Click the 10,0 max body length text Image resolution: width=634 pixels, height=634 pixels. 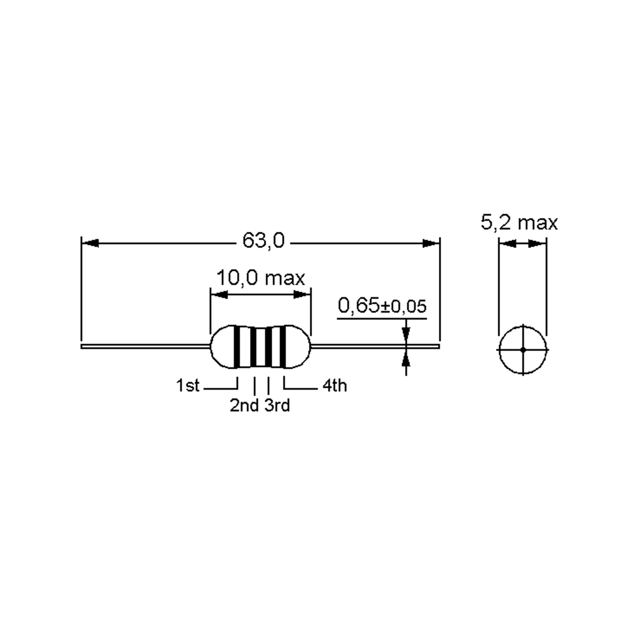tap(260, 278)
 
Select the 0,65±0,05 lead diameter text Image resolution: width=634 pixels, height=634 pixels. tap(382, 306)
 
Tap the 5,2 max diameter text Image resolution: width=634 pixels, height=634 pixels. tap(519, 222)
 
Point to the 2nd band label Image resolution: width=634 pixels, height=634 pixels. tap(244, 405)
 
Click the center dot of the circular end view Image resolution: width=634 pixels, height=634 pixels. tap(523, 350)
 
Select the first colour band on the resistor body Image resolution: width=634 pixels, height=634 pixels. tap(236, 347)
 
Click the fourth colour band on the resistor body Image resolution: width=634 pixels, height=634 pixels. tap(283, 347)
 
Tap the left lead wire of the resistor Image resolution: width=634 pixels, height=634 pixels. tap(144, 346)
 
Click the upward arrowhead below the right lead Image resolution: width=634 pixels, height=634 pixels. tap(406, 358)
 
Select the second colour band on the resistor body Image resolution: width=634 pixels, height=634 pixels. tap(253, 347)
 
